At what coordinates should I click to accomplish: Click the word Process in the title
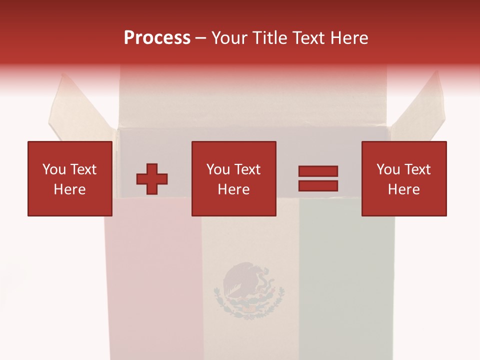(x=157, y=38)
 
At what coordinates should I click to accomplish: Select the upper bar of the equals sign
(x=318, y=171)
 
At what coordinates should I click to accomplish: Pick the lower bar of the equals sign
(x=318, y=185)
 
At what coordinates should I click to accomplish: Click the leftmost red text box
(x=69, y=178)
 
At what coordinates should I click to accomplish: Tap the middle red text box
(x=233, y=178)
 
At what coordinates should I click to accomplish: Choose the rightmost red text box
(x=403, y=178)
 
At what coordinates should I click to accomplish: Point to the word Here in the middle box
(x=233, y=189)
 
